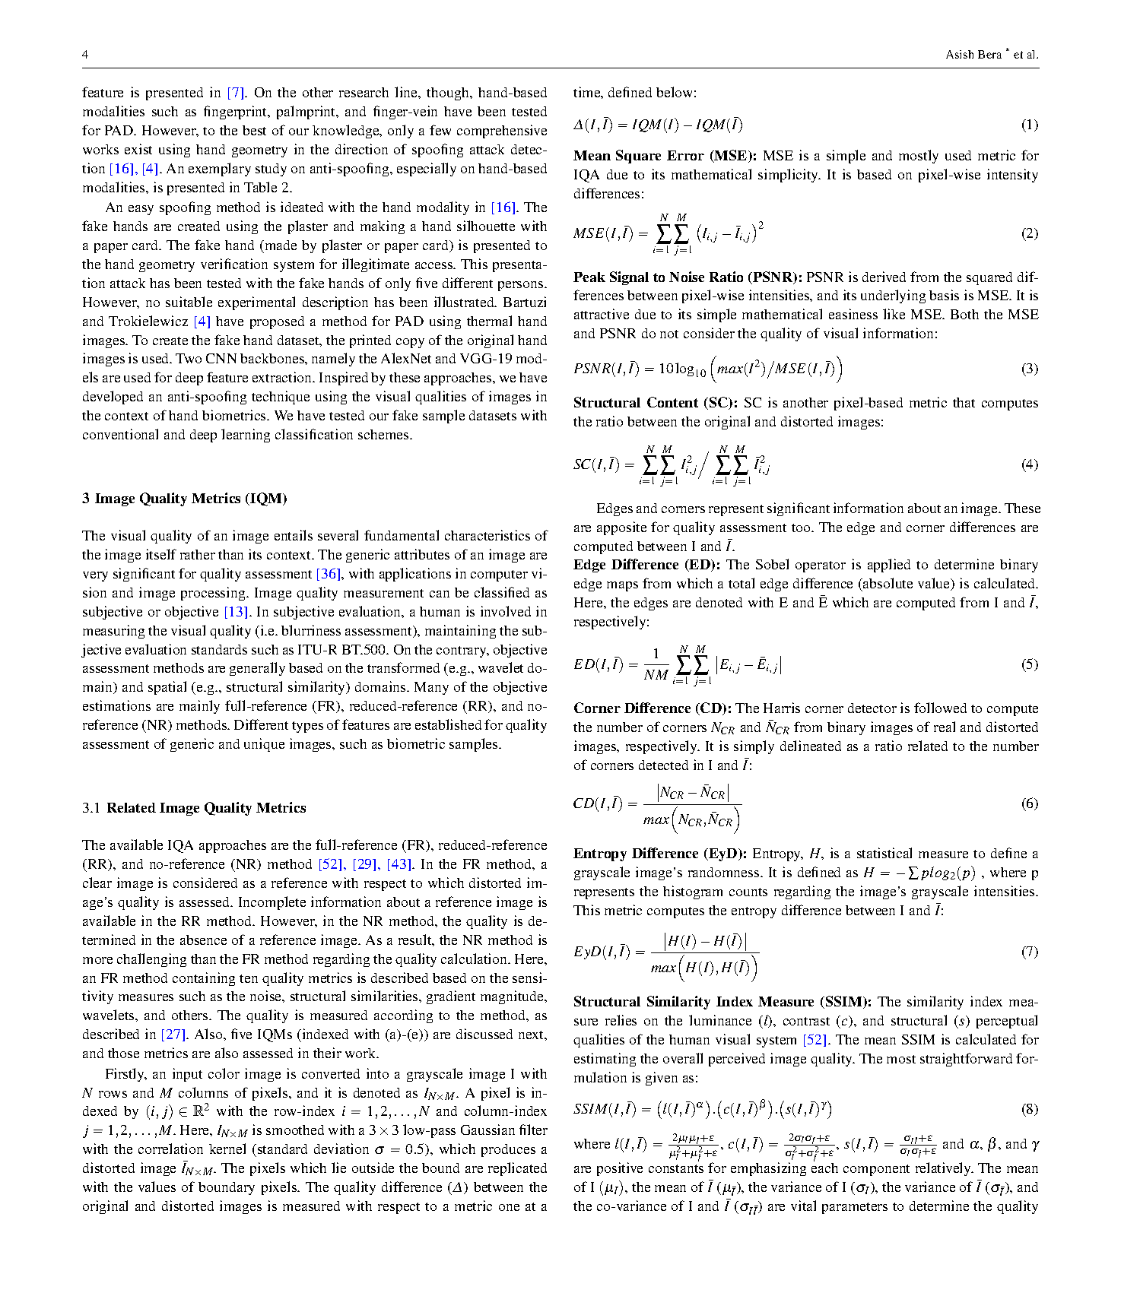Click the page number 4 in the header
pyautogui.click(x=85, y=55)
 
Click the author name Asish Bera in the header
pyautogui.click(x=973, y=55)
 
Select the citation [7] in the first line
pyautogui.click(x=236, y=93)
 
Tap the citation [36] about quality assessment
pyautogui.click(x=328, y=574)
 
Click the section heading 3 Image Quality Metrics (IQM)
pyautogui.click(x=185, y=499)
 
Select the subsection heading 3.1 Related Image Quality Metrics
pyautogui.click(x=194, y=808)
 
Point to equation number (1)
pyautogui.click(x=1029, y=125)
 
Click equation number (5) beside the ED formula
pyautogui.click(x=1029, y=664)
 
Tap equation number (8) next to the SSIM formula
pyautogui.click(x=1029, y=1109)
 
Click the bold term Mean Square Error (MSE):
pyautogui.click(x=664, y=156)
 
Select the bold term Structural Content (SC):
pyautogui.click(x=655, y=403)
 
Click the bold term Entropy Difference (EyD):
pyautogui.click(x=659, y=854)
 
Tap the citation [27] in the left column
pyautogui.click(x=173, y=1035)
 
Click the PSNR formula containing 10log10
pyautogui.click(x=707, y=369)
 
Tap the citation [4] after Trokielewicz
pyautogui.click(x=202, y=322)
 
